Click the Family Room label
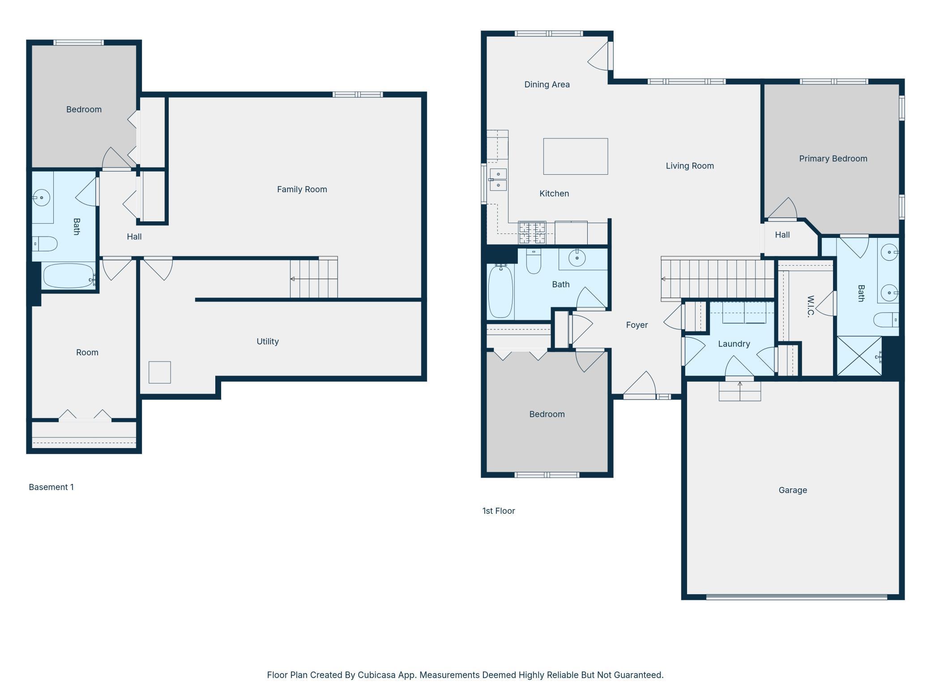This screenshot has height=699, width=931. click(302, 190)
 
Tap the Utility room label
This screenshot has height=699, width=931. click(268, 341)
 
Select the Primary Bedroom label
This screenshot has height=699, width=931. click(833, 159)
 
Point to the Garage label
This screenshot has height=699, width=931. click(793, 490)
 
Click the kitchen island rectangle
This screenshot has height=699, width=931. click(576, 156)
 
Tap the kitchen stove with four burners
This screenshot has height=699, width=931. click(532, 233)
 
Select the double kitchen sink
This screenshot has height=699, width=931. click(498, 179)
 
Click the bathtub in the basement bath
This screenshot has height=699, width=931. click(68, 276)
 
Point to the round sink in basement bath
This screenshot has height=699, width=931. click(42, 197)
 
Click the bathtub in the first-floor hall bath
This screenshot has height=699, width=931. click(500, 291)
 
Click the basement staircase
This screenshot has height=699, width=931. click(314, 277)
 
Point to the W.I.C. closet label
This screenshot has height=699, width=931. click(811, 306)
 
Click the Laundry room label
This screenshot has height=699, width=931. click(734, 344)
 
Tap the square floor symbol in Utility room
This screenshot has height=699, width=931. click(160, 372)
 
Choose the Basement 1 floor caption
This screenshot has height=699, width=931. click(51, 487)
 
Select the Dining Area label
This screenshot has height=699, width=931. click(547, 85)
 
